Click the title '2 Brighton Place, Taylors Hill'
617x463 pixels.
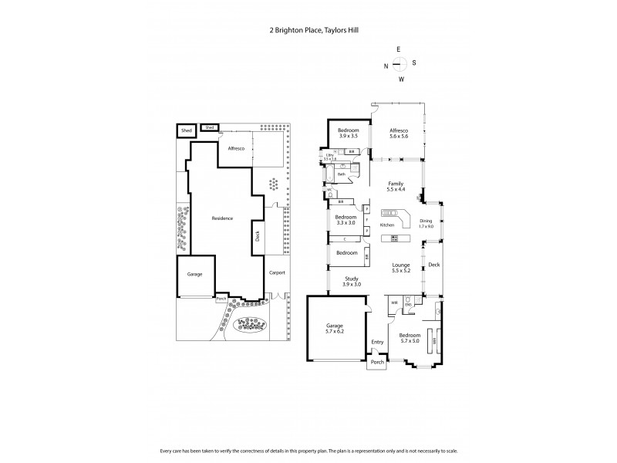[308, 30]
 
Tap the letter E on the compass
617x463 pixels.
[399, 49]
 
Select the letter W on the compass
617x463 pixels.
[400, 79]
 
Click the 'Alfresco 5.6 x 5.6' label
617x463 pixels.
[399, 133]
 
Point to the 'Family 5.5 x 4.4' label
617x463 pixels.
[396, 186]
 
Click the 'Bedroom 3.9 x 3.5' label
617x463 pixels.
[348, 133]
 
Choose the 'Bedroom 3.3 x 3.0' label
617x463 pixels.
[345, 220]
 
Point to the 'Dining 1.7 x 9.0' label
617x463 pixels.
[427, 224]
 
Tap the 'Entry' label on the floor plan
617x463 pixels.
[377, 343]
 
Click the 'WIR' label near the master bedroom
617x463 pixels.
[393, 302]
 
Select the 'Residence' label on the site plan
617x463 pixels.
[223, 218]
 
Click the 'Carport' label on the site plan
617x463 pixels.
[276, 273]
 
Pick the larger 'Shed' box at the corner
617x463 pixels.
[186, 131]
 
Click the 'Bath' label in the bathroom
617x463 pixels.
[342, 174]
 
